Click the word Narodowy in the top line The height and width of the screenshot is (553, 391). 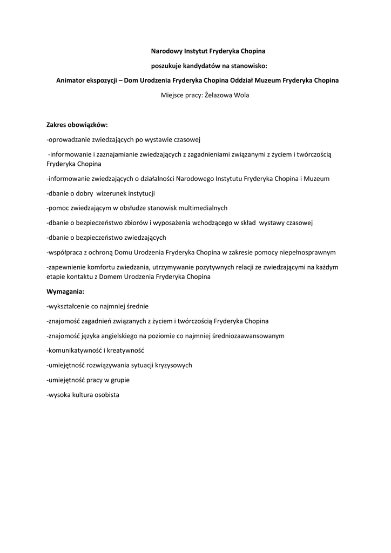(165, 51)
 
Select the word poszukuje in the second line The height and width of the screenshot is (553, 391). (165, 66)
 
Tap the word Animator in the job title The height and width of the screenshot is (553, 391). (72, 81)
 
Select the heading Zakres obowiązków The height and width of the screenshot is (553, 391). (77, 125)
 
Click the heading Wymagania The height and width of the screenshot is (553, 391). (65, 291)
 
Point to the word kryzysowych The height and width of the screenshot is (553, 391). (172, 365)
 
